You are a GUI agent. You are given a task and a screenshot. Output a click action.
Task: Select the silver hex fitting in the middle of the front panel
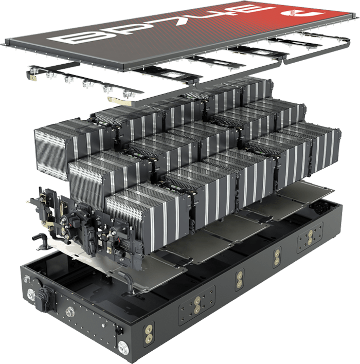pyautogui.click(x=70, y=311)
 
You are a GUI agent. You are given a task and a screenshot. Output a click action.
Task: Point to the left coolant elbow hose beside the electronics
pyautogui.click(x=39, y=238)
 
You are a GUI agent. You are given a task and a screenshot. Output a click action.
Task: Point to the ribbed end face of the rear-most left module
pyautogui.click(x=51, y=147)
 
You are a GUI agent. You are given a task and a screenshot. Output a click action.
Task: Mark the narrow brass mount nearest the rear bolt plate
pyautogui.click(x=277, y=257)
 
